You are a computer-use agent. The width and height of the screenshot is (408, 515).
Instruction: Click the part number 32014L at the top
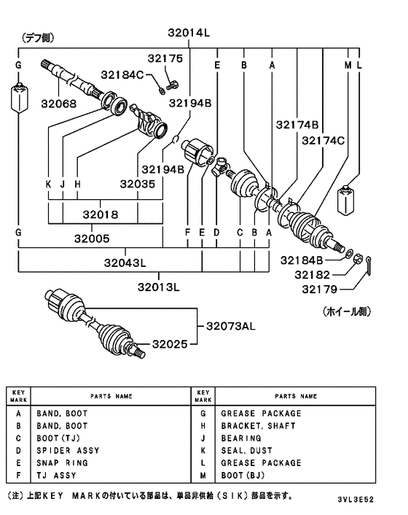[189, 33]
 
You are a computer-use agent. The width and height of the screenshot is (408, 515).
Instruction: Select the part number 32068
[59, 104]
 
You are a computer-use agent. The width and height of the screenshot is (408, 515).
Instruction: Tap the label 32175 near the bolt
[165, 58]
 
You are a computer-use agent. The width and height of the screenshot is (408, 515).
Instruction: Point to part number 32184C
[122, 75]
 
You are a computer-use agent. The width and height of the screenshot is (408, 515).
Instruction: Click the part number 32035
[138, 184]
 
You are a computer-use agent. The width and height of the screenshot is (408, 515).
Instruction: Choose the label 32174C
[323, 141]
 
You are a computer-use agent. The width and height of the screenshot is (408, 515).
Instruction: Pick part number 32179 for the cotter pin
[319, 290]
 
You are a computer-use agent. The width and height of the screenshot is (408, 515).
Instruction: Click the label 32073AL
[230, 326]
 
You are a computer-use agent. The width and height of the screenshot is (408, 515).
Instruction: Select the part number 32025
[170, 344]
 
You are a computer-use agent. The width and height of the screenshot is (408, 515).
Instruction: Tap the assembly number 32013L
[158, 287]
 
